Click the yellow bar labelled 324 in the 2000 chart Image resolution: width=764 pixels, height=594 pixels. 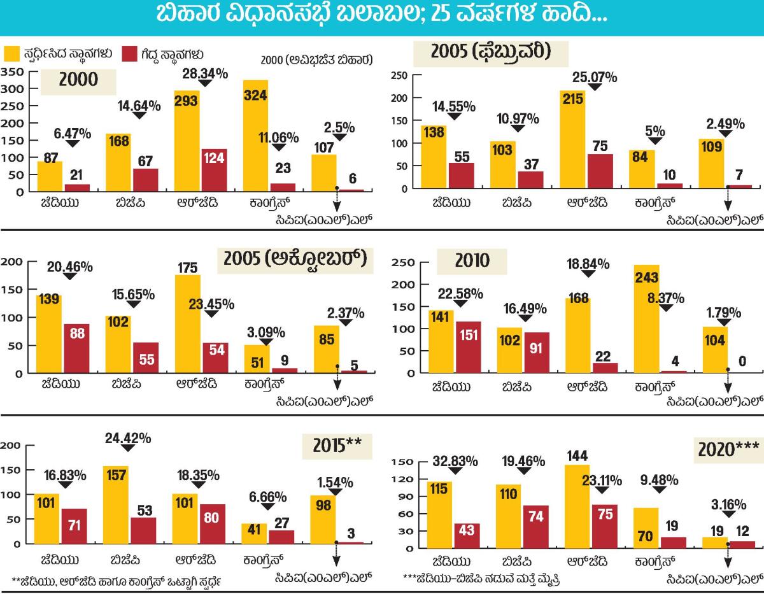click(x=255, y=135)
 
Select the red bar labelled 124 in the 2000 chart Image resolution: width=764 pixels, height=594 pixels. click(x=214, y=170)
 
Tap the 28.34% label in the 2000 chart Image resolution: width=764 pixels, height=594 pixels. click(x=206, y=73)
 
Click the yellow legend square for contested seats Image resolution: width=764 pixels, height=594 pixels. click(x=12, y=54)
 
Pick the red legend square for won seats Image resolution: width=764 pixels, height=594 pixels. click(x=129, y=54)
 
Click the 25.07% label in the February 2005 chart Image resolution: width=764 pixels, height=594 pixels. click(x=595, y=78)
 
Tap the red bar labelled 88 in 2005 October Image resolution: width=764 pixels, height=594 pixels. click(x=76, y=348)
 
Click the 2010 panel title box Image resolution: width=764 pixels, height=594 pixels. click(x=472, y=261)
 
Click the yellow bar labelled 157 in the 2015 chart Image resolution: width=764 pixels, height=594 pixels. click(x=116, y=505)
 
